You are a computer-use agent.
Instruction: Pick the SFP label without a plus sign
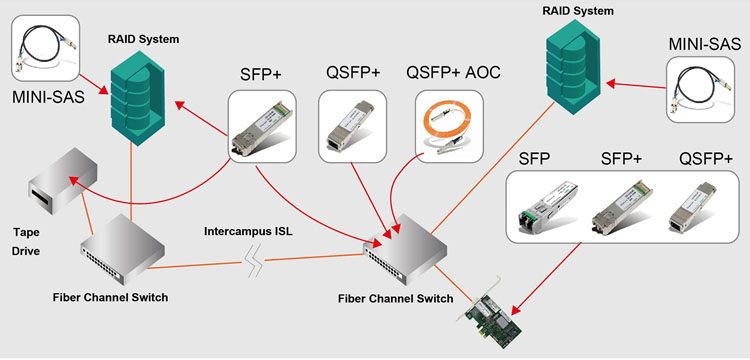click(535, 159)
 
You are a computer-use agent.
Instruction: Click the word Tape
click(27, 230)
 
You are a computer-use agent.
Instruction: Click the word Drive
click(27, 250)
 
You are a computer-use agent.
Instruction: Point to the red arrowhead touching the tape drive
click(73, 179)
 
